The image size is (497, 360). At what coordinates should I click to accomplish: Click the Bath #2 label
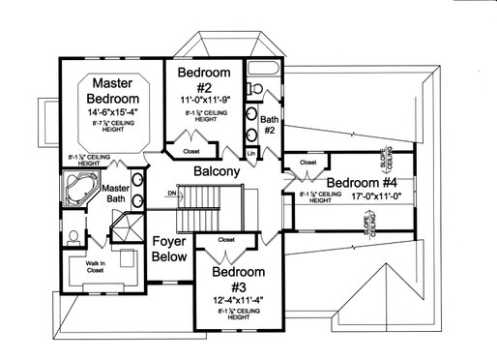[269, 123]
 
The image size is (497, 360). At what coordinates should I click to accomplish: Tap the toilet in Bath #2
[255, 88]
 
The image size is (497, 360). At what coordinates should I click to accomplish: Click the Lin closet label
[250, 153]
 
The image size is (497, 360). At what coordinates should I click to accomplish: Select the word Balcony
[217, 171]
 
